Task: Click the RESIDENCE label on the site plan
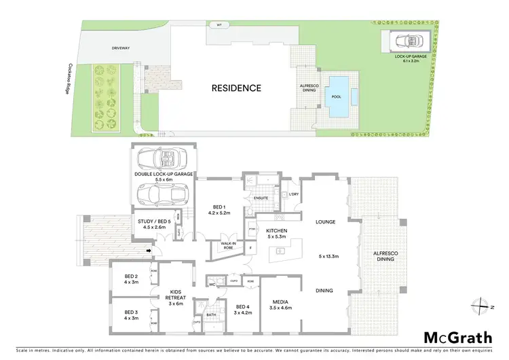(236, 88)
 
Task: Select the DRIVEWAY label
(120, 49)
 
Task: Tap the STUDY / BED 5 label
(152, 223)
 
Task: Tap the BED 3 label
(131, 315)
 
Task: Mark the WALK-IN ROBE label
(228, 246)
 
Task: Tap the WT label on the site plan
(219, 25)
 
